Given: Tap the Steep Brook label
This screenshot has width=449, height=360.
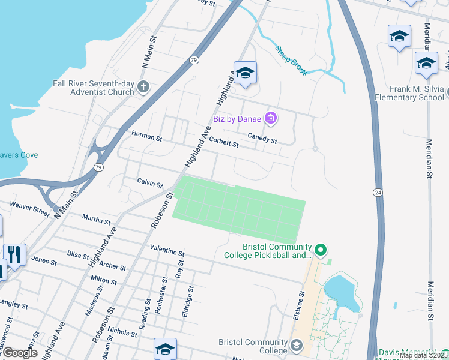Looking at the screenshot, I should point(291,61).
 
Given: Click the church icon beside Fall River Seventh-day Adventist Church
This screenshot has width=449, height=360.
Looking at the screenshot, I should point(143,88).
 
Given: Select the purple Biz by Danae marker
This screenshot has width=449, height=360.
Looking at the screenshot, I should point(271,118).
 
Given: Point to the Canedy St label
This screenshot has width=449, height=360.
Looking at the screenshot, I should point(262,138).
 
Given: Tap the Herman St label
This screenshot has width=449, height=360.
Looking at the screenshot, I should point(146,137).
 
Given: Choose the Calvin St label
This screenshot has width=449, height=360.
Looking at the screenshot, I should point(150,182).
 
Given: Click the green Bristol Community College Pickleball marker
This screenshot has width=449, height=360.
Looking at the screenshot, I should point(321,249).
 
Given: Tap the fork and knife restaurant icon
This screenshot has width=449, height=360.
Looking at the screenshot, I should point(14,254).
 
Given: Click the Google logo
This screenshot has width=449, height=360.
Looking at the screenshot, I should point(19,353).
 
